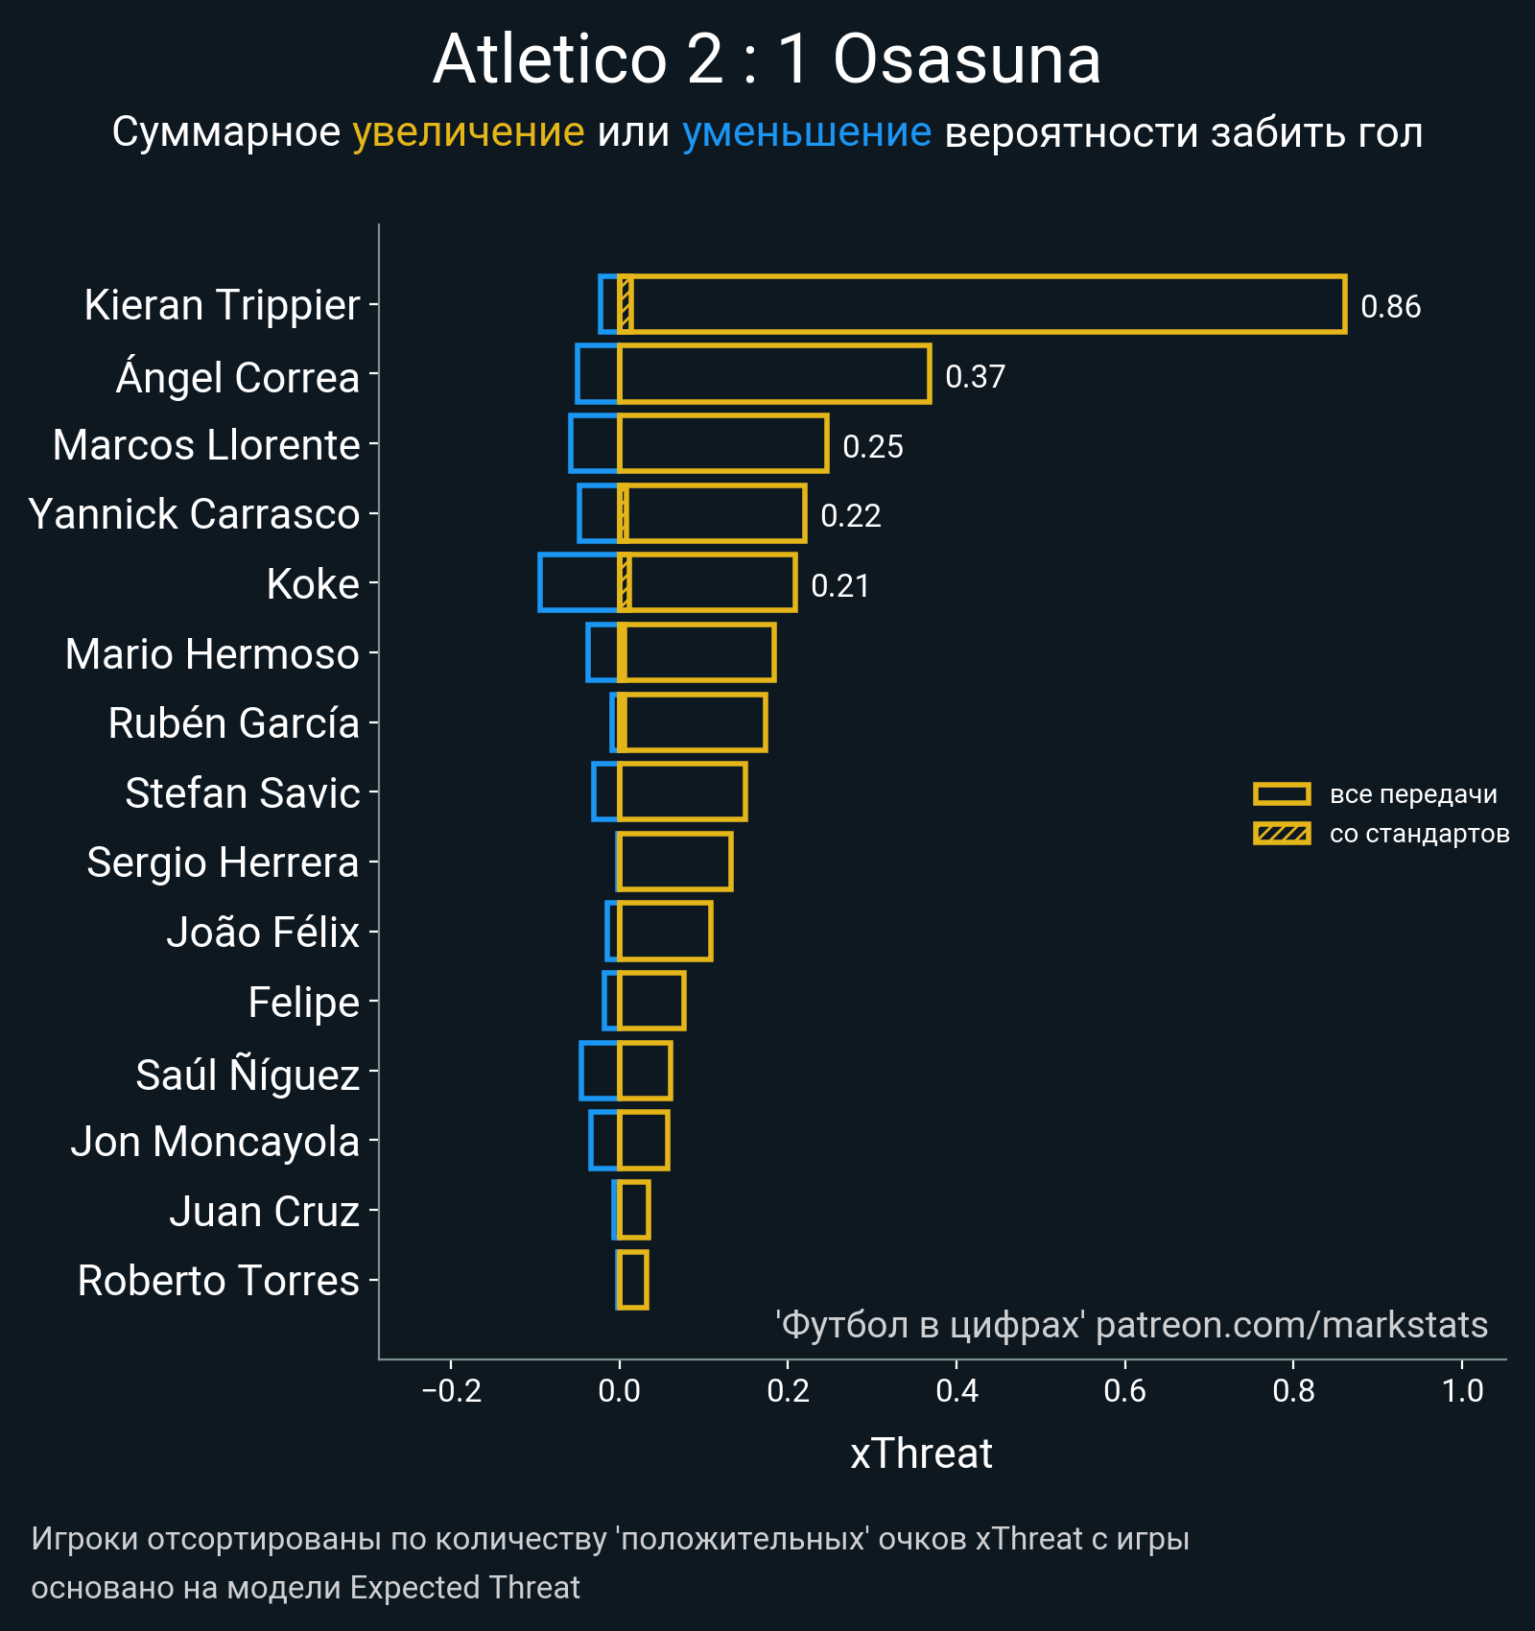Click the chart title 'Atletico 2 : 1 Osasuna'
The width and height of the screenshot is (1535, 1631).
click(767, 59)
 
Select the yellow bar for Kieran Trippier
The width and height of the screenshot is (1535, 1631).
click(982, 305)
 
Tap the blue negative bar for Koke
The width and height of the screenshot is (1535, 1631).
click(579, 583)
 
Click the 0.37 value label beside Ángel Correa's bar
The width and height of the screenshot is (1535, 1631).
click(975, 377)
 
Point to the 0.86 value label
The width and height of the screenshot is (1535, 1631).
click(1390, 307)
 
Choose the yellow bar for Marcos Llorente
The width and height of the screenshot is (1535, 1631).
click(723, 444)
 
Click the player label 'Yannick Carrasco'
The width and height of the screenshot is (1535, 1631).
click(194, 514)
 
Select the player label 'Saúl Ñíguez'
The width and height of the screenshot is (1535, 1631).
click(248, 1075)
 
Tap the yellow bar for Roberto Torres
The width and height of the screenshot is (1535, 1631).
click(633, 1280)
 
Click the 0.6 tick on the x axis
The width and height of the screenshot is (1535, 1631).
click(1124, 1390)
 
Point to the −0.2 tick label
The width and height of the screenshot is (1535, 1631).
click(451, 1390)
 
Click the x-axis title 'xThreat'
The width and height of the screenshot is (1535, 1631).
click(921, 1454)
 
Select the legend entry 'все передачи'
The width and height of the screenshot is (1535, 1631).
click(1412, 794)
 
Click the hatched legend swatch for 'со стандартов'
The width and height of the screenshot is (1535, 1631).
click(1282, 834)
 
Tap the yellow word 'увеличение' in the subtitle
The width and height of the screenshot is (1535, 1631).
click(468, 132)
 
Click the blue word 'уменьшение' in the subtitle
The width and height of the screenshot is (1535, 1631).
click(806, 132)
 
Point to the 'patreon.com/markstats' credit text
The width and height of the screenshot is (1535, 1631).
click(1291, 1325)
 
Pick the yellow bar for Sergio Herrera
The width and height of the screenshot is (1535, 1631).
click(675, 862)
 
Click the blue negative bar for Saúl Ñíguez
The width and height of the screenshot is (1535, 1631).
click(600, 1071)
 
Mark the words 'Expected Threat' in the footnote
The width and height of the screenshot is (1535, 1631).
click(464, 1588)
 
